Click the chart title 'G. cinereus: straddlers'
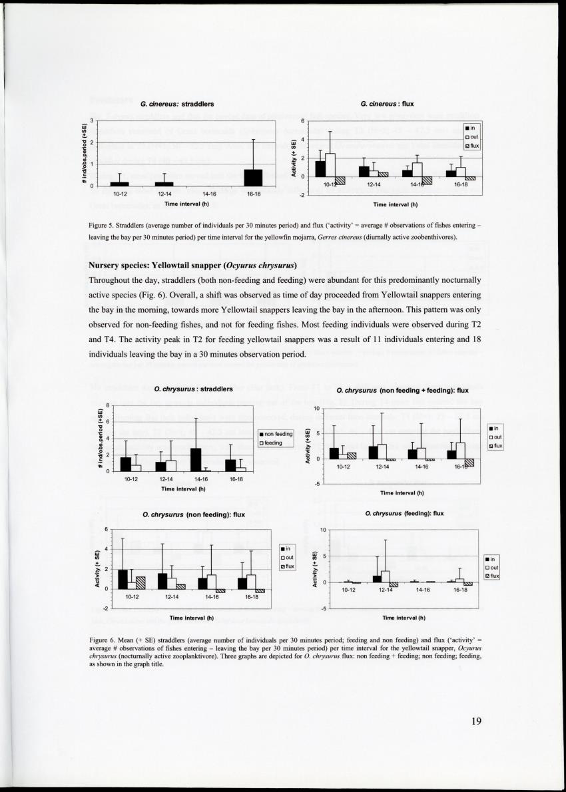[x=176, y=104]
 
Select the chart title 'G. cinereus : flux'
[x=387, y=104]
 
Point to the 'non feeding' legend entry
[x=277, y=434]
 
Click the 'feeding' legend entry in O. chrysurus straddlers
[x=274, y=442]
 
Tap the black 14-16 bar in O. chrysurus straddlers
[x=196, y=459]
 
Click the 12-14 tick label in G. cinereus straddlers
[x=164, y=194]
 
